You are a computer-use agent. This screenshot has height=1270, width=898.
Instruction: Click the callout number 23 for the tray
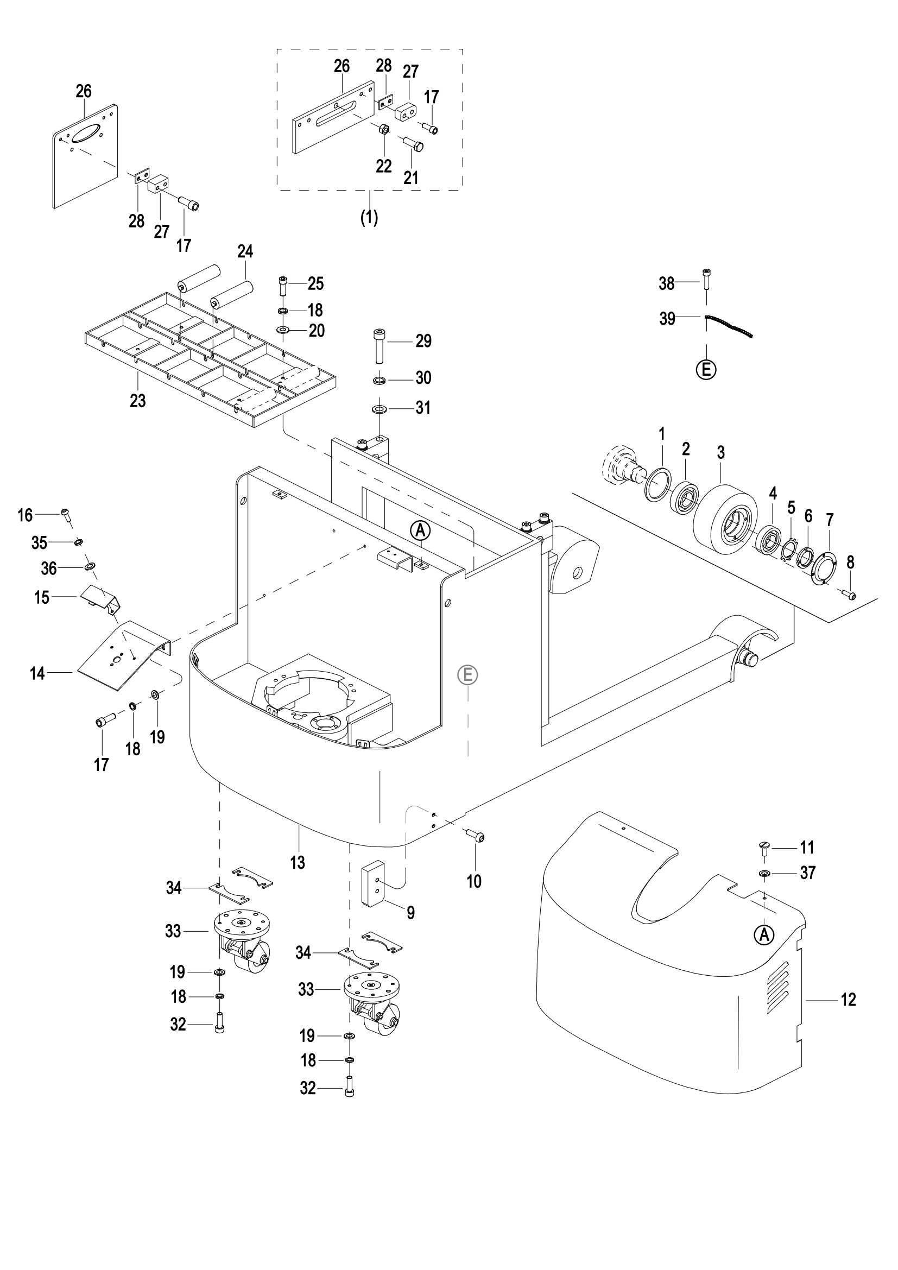click(x=138, y=401)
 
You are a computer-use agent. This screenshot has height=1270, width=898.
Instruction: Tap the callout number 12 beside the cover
click(x=848, y=1000)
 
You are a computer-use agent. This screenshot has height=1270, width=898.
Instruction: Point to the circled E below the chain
click(x=706, y=370)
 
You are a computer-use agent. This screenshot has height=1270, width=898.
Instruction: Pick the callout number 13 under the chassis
click(x=298, y=862)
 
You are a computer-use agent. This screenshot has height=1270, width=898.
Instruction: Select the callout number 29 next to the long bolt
click(x=423, y=342)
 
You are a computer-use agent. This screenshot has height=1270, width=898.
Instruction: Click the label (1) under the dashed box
click(x=369, y=218)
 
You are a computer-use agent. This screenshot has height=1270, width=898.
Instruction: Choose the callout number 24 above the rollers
click(x=245, y=252)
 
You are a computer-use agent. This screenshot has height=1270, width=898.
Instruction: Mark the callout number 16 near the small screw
click(x=25, y=515)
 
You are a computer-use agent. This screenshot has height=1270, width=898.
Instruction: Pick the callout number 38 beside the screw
click(x=667, y=284)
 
